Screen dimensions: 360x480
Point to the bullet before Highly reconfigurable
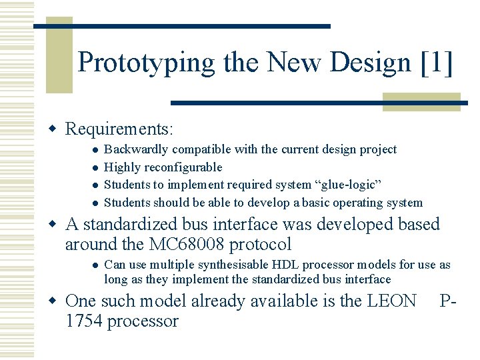click(x=96, y=167)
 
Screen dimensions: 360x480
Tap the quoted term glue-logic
click(x=341, y=185)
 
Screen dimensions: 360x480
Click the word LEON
click(x=392, y=301)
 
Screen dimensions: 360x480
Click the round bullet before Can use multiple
click(x=96, y=265)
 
